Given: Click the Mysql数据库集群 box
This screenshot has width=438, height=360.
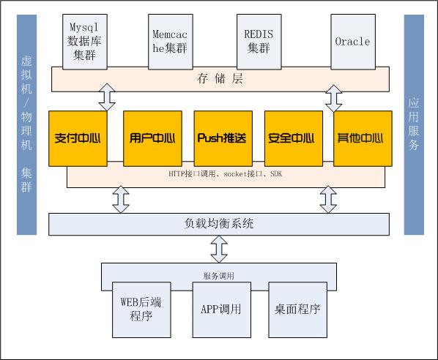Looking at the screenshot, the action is coord(85,42).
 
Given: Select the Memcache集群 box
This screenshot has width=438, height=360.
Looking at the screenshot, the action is coord(171,42).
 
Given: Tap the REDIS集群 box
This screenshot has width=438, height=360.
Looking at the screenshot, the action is coord(259,42).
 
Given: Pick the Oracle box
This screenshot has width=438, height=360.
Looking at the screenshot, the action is coord(353,42).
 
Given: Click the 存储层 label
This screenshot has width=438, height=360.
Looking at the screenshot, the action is coord(220,79).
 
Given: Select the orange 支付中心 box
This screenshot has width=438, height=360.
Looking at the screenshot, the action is coord(78,138).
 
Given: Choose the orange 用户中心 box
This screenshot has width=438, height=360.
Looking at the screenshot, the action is coord(152,138).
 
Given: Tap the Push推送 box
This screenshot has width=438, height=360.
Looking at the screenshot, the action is coord(223,138).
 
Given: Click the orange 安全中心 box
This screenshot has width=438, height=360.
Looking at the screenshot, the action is coord(294,138).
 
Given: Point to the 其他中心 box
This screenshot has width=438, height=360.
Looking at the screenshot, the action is coord(363,138).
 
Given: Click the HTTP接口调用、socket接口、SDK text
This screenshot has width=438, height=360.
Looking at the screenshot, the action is coord(225,174).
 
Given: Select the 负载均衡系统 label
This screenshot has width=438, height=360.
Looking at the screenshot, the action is coord(219,223).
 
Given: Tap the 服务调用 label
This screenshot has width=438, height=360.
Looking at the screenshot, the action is coord(219,276).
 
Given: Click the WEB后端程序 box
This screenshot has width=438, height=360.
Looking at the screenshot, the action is coord(141,310).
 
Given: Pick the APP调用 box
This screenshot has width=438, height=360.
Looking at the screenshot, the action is coord(221,310).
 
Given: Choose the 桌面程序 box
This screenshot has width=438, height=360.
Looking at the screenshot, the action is coord(297,310).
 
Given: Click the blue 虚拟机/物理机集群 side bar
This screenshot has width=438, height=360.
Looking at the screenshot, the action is coord(26,124).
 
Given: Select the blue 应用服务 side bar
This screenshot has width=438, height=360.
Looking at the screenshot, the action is coord(414,124).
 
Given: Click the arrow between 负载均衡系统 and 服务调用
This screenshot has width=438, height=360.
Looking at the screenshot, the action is coord(219,250).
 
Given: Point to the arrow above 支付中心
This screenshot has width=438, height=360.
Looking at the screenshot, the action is coord(107,97).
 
